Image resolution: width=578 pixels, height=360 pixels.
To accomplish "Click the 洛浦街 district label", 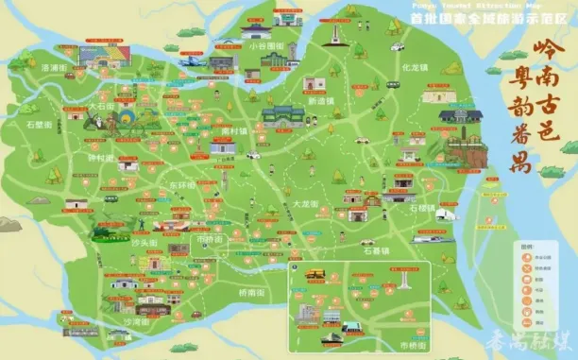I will tap(54, 68).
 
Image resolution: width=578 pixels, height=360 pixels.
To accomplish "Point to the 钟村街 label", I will tap(100, 158).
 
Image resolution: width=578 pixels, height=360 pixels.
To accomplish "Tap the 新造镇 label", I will tap(324, 99).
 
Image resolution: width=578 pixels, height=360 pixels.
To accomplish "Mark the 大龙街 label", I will tap(303, 204).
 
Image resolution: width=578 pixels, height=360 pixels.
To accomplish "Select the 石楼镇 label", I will tap(423, 208).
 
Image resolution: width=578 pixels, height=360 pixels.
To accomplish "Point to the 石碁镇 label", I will tap(350, 252).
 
